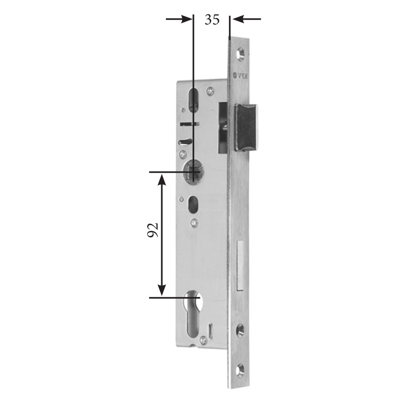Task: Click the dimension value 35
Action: point(212,20)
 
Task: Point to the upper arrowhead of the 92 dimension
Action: point(162,179)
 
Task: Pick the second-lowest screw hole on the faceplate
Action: point(240,330)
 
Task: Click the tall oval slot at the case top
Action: point(193,100)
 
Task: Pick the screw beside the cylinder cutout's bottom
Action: point(203,339)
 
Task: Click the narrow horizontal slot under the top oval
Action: point(189,124)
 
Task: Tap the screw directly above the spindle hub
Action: point(183,154)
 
